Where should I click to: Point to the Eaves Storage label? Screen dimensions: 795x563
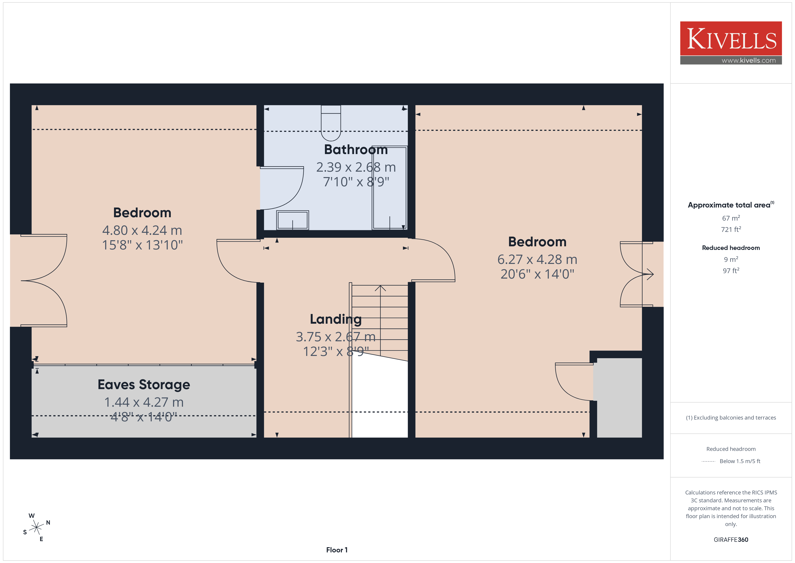(144, 384)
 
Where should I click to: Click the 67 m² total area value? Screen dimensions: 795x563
(731, 218)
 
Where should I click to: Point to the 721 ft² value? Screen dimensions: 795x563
(731, 229)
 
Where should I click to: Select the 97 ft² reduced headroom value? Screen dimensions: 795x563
(731, 270)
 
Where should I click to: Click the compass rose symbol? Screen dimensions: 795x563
(36, 528)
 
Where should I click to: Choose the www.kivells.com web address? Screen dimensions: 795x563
(749, 60)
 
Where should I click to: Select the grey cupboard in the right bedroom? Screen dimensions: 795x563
(619, 398)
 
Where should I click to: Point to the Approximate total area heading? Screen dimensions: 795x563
(731, 205)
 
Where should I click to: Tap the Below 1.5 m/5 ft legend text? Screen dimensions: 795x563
(740, 461)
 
